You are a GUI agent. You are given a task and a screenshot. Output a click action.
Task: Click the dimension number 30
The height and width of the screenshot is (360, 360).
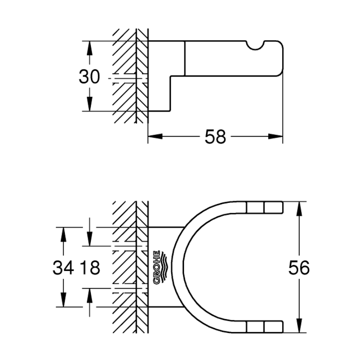[x=89, y=76]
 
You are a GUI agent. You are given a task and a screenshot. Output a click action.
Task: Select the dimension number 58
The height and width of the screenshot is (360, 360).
[x=215, y=137]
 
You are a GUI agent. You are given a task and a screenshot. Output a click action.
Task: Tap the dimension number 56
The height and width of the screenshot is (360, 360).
[x=299, y=268]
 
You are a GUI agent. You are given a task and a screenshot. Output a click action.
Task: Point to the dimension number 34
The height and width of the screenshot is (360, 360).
[x=63, y=268]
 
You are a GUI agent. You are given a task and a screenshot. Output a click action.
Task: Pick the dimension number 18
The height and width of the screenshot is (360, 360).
[x=90, y=268]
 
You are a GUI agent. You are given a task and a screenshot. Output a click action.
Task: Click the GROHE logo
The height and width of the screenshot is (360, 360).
[x=160, y=267]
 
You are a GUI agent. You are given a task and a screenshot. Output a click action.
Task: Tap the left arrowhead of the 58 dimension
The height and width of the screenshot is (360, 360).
[x=155, y=137]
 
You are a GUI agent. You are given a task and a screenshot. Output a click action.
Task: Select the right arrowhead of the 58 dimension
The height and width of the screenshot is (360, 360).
[x=275, y=137]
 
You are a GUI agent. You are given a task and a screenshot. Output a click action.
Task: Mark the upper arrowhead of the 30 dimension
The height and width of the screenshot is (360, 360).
[x=90, y=48]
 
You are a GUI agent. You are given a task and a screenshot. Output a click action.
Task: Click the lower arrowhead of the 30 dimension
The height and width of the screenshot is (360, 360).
[x=90, y=104]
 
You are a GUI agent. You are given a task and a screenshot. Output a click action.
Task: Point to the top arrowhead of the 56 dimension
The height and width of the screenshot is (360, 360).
[x=299, y=209]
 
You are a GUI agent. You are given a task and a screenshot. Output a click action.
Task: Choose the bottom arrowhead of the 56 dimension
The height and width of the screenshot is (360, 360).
[x=299, y=325]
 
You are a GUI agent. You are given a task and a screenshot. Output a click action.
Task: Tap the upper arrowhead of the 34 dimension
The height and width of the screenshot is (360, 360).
[x=63, y=234]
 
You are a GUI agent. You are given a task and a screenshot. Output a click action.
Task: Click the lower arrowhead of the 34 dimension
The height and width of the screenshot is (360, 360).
[x=63, y=299]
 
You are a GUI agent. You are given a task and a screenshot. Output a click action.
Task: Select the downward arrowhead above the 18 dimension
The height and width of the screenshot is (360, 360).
[x=90, y=239]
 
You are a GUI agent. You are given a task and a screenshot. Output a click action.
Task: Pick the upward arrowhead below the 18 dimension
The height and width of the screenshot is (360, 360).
[x=90, y=295]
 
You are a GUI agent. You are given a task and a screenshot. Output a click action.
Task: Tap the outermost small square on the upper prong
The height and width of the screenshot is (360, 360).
[x=274, y=207]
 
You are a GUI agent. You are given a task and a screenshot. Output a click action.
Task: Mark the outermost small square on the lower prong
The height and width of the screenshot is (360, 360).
[x=274, y=327]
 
